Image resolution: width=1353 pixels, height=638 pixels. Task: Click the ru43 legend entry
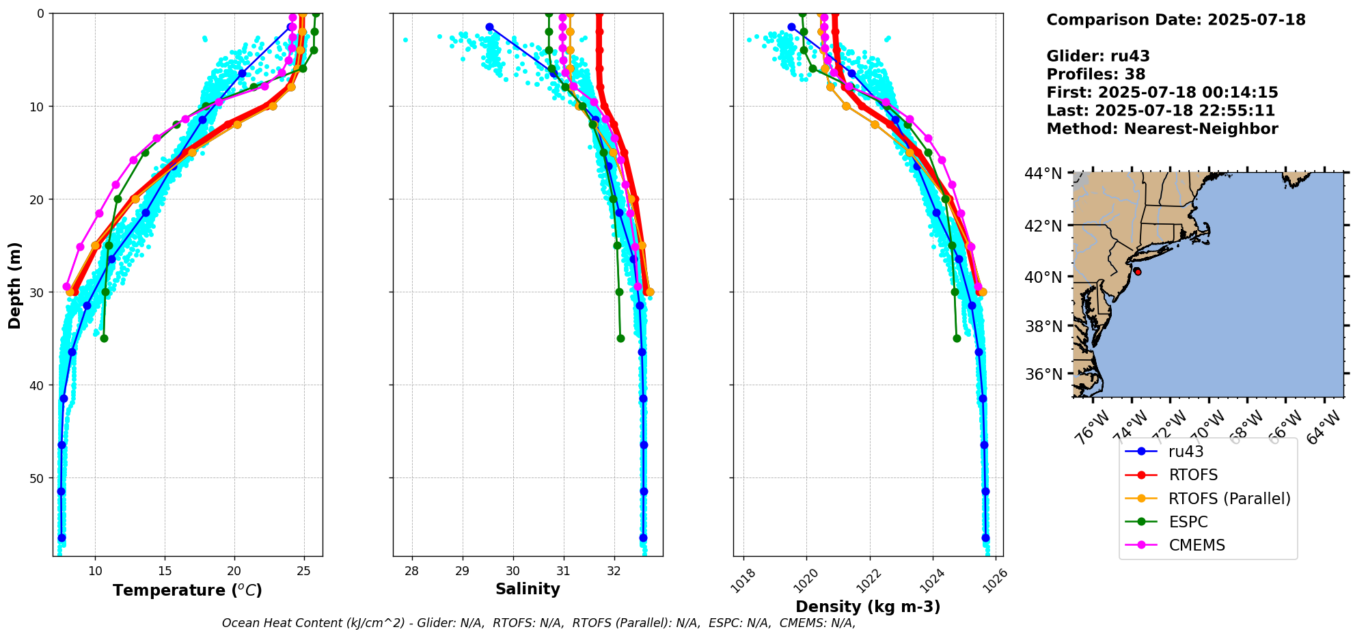click(x=1186, y=452)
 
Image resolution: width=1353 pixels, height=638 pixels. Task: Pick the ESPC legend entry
click(x=1188, y=522)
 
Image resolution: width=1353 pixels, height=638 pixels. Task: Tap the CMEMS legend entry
click(x=1197, y=545)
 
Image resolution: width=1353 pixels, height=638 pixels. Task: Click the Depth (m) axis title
click(x=15, y=285)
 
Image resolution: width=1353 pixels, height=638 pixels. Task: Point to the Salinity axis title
click(x=528, y=589)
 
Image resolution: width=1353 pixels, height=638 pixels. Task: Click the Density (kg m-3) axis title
click(x=868, y=607)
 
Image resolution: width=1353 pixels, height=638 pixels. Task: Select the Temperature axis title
click(x=187, y=590)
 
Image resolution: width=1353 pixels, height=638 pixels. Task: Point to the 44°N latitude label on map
click(x=1043, y=174)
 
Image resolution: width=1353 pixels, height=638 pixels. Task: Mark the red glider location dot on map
click(x=1137, y=271)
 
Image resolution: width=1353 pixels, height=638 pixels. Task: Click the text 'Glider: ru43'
click(x=1097, y=56)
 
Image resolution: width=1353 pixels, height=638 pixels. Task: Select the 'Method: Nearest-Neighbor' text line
click(x=1162, y=128)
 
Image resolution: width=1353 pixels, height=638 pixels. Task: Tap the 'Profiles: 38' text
click(x=1095, y=74)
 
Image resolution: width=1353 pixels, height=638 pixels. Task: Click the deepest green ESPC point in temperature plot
click(x=104, y=338)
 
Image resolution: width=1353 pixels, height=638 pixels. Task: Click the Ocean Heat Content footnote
click(x=538, y=623)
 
